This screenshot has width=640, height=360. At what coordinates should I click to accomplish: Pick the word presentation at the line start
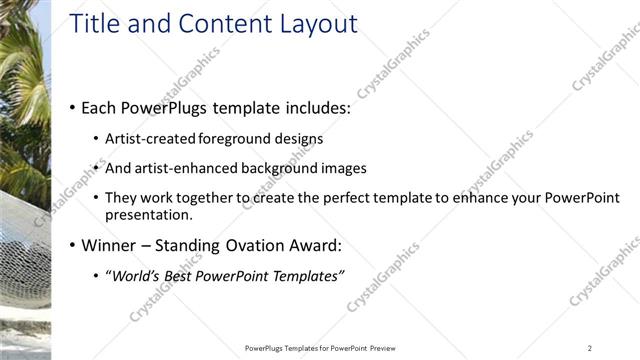(x=149, y=214)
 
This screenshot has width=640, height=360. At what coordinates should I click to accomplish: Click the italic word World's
(x=134, y=276)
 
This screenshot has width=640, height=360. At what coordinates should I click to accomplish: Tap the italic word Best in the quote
(x=186, y=276)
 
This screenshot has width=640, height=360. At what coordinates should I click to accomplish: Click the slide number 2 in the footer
(x=590, y=348)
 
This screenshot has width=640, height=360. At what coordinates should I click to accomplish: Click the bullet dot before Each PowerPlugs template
(x=72, y=107)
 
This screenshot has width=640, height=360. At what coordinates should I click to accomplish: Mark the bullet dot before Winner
(x=72, y=245)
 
